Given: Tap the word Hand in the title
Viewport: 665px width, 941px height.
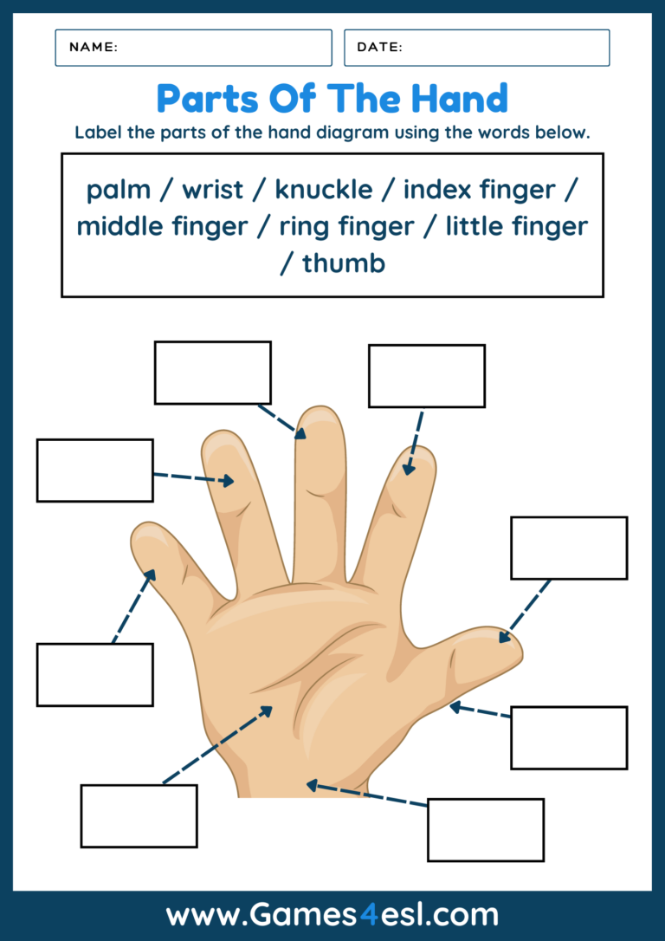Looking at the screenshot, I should coord(460,99).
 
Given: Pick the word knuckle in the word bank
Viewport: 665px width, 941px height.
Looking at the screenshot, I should coord(324,189).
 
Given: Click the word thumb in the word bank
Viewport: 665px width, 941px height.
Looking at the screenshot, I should coord(343,263).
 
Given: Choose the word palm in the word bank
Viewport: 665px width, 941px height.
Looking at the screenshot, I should coord(119,189).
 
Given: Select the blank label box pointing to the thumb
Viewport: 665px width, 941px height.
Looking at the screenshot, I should coord(568,548).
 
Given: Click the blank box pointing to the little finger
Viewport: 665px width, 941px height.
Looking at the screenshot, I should coord(94,674).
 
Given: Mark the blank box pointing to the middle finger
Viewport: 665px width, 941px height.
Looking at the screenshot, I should coord(212,373).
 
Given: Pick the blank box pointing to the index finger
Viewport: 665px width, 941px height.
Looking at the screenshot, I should coord(426,376).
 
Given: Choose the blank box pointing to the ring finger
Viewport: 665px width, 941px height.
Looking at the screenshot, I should coord(94,470).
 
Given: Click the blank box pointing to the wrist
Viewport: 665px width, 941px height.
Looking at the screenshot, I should coord(485,829).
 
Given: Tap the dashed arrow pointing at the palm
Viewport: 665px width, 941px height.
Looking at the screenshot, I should coord(216,745).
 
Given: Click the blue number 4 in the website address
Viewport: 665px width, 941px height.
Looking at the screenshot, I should coord(369,915).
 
